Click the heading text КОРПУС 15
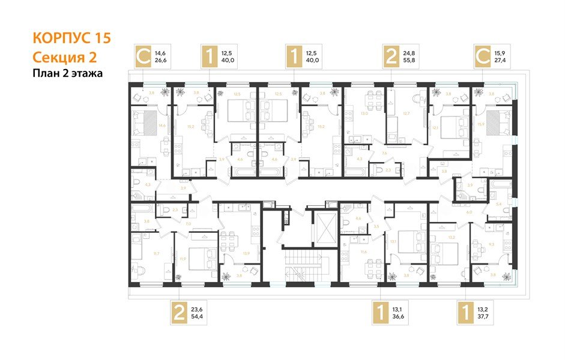click(x=71, y=39)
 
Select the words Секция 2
click(x=64, y=57)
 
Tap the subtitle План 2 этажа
click(x=68, y=74)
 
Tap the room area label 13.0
click(x=363, y=113)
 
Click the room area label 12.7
click(x=406, y=113)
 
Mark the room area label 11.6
click(x=364, y=252)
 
